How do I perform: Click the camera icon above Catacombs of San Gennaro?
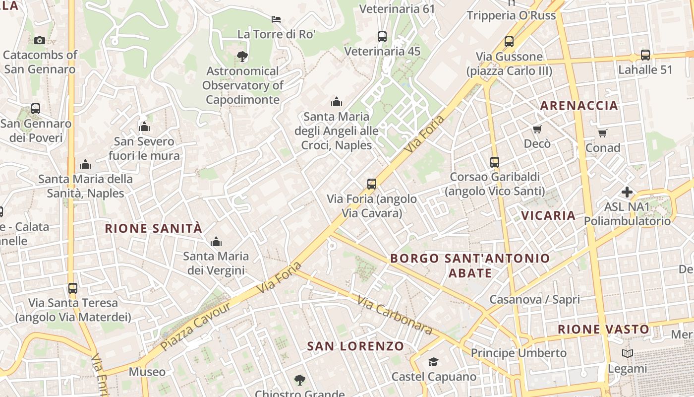[40, 40]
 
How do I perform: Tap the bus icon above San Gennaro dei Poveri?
[36, 108]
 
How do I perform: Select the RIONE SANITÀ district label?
[154, 228]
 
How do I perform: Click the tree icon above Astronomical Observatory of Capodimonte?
[242, 56]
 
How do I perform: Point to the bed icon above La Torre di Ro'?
[276, 19]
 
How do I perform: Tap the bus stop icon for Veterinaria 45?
[382, 36]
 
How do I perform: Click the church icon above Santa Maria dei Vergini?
[216, 242]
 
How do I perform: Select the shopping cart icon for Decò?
[537, 130]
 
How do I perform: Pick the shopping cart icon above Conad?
[602, 133]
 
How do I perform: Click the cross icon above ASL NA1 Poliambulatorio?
[627, 192]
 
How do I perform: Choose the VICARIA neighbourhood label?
[548, 215]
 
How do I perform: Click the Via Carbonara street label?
[395, 316]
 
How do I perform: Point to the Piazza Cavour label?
[196, 326]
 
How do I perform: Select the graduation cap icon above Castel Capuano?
[433, 362]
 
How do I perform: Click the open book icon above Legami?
[628, 353]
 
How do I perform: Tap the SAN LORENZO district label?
[355, 346]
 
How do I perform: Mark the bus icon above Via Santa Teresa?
[73, 288]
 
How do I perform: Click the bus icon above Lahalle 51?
[645, 55]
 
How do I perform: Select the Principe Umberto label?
[519, 353]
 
